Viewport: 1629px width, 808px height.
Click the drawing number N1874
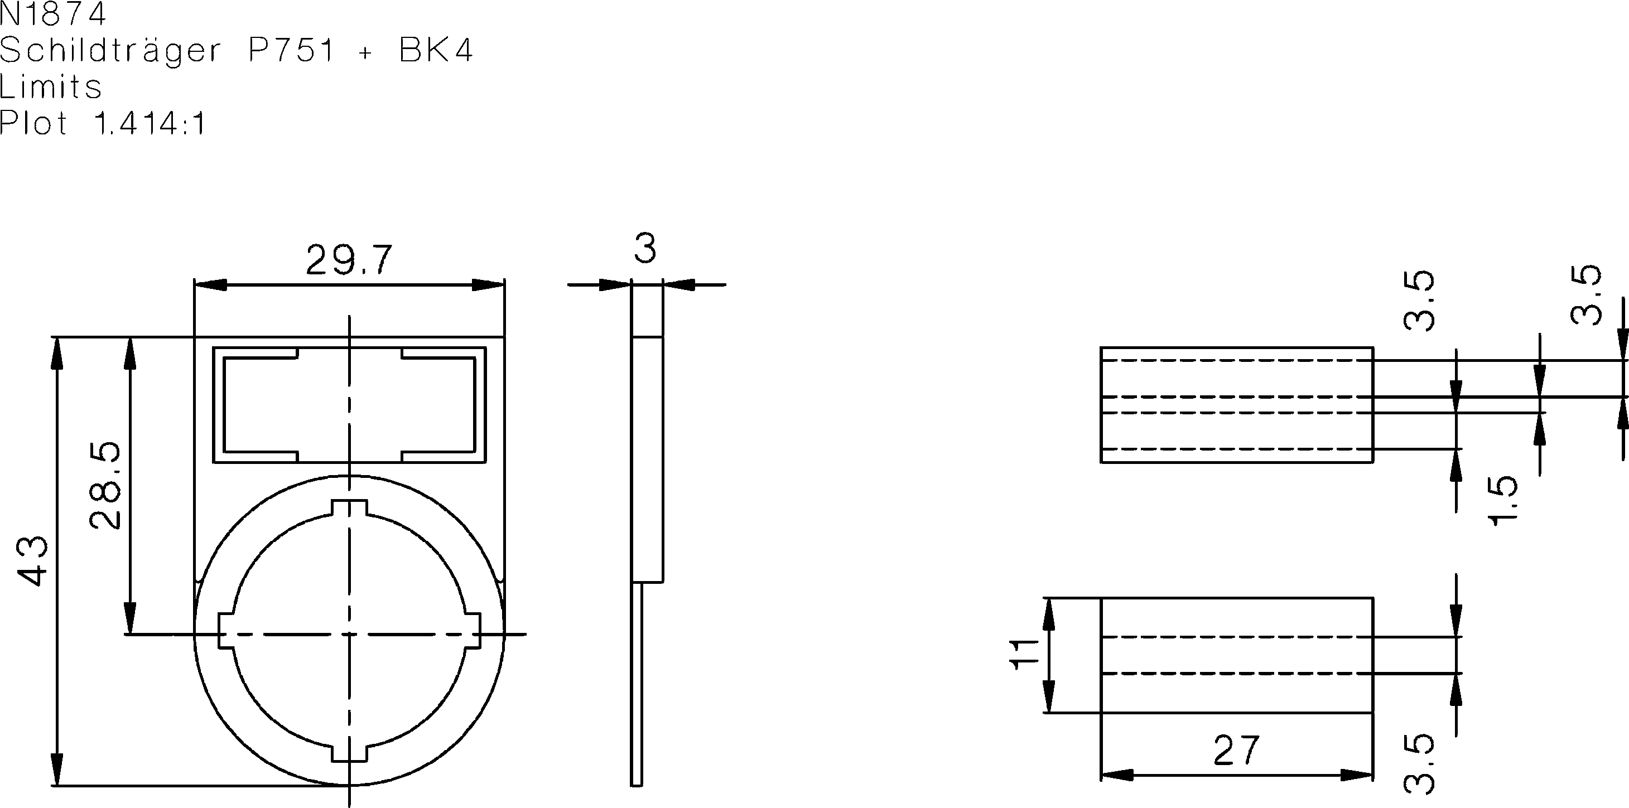tap(53, 14)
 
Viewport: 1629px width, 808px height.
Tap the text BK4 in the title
tap(436, 51)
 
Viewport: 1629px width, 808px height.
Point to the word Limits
tap(51, 86)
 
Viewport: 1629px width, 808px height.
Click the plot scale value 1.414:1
tap(150, 123)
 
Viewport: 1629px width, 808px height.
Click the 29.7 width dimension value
tap(349, 260)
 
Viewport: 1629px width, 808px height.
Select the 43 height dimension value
tap(32, 561)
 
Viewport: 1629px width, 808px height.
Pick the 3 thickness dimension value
tap(645, 249)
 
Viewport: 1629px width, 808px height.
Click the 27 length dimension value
tap(1237, 751)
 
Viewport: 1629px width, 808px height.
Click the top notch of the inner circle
tap(349, 509)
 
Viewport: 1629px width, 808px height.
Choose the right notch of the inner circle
tap(472, 630)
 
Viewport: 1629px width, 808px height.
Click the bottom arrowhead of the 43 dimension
tap(57, 770)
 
